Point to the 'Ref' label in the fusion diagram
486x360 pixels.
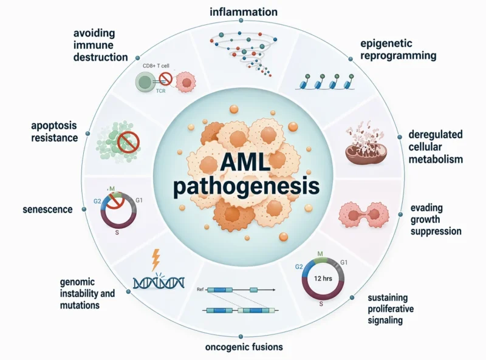pyautogui.click(x=200, y=290)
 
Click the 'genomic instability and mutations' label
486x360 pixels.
pyautogui.click(x=87, y=293)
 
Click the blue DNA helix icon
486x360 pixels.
pyautogui.click(x=159, y=281)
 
